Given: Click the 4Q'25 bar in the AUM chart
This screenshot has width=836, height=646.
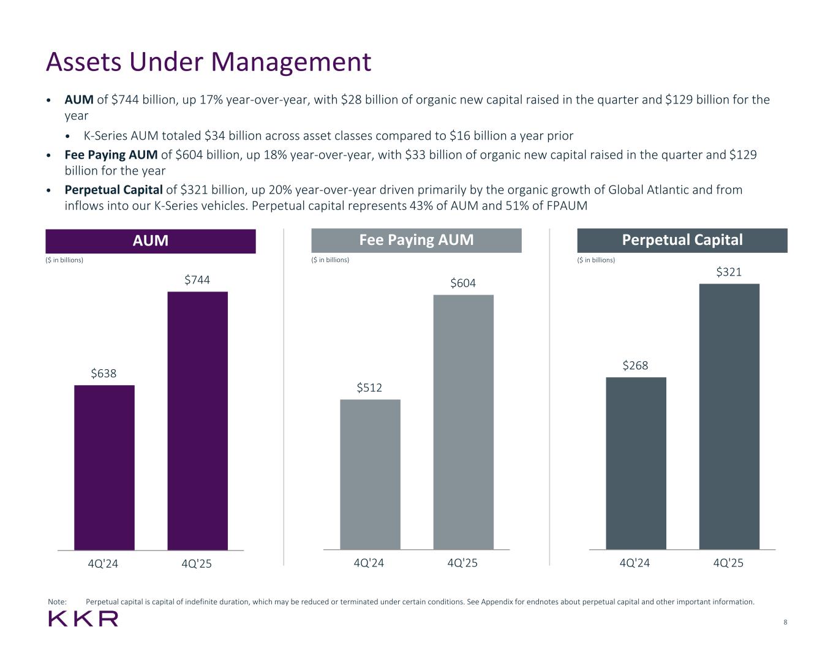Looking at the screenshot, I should pyautogui.click(x=197, y=421).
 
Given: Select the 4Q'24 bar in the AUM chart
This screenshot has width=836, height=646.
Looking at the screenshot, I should pyautogui.click(x=104, y=467).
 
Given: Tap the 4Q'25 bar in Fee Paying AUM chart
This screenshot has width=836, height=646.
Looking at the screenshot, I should pyautogui.click(x=463, y=422).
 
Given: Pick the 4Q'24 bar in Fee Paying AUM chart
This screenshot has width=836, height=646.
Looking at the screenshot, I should pyautogui.click(x=370, y=475).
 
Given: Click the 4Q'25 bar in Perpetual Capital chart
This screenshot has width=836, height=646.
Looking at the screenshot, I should pyautogui.click(x=729, y=416).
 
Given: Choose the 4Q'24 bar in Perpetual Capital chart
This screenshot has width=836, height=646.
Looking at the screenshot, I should pyautogui.click(x=636, y=463).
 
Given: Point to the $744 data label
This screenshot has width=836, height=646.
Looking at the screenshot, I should pyautogui.click(x=197, y=280).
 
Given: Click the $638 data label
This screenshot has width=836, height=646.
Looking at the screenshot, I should pyautogui.click(x=104, y=373).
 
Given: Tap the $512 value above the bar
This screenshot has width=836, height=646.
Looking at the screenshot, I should pyautogui.click(x=370, y=388).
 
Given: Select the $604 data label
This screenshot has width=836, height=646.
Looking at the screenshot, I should pyautogui.click(x=463, y=283).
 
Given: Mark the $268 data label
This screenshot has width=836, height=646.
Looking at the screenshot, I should pyautogui.click(x=636, y=366).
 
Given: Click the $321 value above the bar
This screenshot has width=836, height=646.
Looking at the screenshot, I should pyautogui.click(x=729, y=272).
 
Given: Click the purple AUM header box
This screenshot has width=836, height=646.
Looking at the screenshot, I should pyautogui.click(x=151, y=241).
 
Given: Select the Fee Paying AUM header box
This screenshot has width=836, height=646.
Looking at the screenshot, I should pyautogui.click(x=416, y=240).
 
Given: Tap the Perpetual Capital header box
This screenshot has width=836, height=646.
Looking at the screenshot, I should pyautogui.click(x=682, y=240).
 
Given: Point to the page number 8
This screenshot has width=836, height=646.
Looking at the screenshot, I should pyautogui.click(x=785, y=622).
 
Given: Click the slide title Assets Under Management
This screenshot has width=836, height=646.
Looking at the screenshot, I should pyautogui.click(x=209, y=62).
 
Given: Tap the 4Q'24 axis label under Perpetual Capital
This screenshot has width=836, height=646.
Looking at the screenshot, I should pyautogui.click(x=635, y=563).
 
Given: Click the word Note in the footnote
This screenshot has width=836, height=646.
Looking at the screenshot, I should pyautogui.click(x=57, y=602).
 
